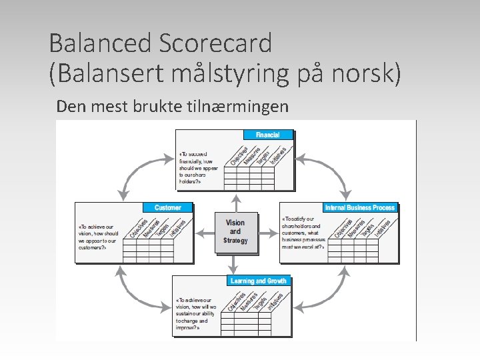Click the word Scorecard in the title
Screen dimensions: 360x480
pos(215,43)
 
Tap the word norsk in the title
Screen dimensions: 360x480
pos(366,73)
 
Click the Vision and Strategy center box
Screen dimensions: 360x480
pos(235,231)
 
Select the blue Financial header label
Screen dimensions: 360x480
pos(267,135)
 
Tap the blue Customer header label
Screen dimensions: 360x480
pos(167,208)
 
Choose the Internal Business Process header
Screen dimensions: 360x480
pos(359,208)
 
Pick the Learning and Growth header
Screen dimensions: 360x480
pos(258,281)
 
